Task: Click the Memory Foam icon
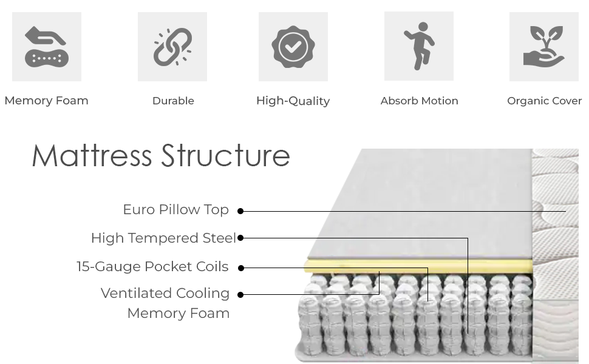pyautogui.click(x=47, y=47)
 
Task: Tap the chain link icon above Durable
pyautogui.click(x=172, y=47)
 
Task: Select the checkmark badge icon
pyautogui.click(x=293, y=47)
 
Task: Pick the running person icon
pyautogui.click(x=419, y=46)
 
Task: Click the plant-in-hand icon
pyautogui.click(x=544, y=47)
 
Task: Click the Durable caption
pyautogui.click(x=173, y=101)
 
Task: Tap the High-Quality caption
pyautogui.click(x=293, y=101)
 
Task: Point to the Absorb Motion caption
pyautogui.click(x=419, y=101)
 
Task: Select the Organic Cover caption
pyautogui.click(x=544, y=101)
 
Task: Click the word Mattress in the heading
pyautogui.click(x=92, y=155)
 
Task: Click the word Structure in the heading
pyautogui.click(x=225, y=155)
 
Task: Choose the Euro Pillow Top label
pyautogui.click(x=175, y=210)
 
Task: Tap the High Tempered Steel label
pyautogui.click(x=163, y=238)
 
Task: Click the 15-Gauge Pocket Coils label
pyautogui.click(x=152, y=266)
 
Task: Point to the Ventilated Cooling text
pyautogui.click(x=165, y=294)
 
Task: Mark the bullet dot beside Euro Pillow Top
pyautogui.click(x=240, y=211)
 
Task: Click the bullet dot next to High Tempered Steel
pyautogui.click(x=240, y=238)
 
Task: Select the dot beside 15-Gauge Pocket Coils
pyautogui.click(x=240, y=268)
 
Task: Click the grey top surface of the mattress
pyautogui.click(x=419, y=206)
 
